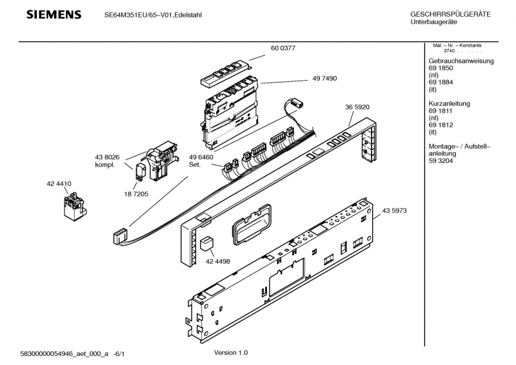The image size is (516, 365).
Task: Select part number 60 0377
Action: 283,47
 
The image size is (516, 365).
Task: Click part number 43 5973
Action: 394,211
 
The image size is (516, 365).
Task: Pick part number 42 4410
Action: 59,184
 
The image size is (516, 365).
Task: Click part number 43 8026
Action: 108,157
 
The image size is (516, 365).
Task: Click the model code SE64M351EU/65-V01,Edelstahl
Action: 153,15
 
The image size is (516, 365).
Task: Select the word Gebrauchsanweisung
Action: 461,61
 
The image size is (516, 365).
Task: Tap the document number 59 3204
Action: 441,162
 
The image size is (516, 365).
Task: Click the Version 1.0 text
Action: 230,353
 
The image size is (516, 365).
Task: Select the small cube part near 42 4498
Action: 206,244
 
